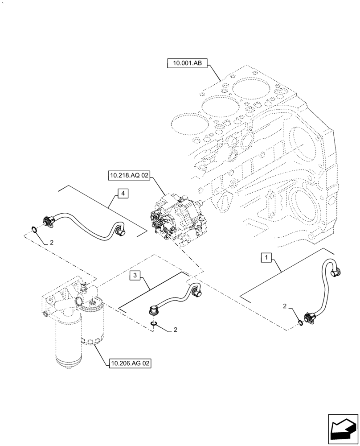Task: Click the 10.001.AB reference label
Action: tap(187, 64)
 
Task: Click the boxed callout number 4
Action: tap(123, 193)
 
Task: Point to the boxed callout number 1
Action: tap(265, 257)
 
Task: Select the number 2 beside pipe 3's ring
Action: tap(176, 330)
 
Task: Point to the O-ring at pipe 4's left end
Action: tap(34, 230)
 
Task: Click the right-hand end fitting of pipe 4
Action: tap(119, 231)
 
